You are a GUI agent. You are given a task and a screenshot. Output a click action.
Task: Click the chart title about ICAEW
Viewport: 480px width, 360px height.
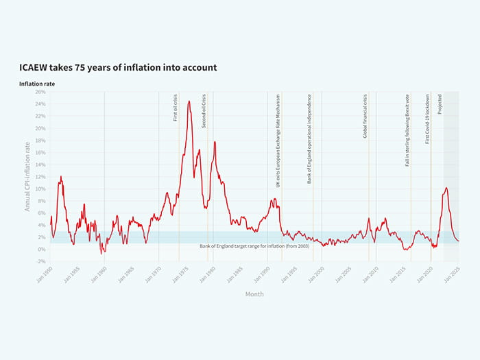[x=118, y=68]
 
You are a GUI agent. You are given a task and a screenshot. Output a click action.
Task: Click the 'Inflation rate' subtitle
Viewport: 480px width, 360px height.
[x=37, y=84]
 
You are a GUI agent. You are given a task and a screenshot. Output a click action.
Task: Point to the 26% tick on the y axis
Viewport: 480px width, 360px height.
[x=40, y=92]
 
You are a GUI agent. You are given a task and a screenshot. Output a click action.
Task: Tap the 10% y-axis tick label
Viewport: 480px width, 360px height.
[x=40, y=189]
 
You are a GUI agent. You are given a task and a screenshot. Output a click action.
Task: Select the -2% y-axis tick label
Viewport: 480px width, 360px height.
[x=40, y=261]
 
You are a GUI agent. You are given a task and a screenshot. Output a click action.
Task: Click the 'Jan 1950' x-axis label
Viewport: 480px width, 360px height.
[x=45, y=274]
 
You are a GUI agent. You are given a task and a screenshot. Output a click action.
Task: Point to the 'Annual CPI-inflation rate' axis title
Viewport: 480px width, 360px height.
[x=28, y=176]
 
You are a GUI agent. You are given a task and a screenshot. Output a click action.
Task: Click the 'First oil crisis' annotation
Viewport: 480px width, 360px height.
[x=176, y=108]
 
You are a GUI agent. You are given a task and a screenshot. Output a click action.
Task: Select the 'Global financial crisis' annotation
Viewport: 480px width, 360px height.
[x=365, y=116]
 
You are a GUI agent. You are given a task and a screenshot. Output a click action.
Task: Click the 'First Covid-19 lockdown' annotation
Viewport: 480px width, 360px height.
[x=427, y=119]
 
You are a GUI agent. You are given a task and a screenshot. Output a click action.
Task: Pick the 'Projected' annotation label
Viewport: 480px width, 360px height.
[x=440, y=104]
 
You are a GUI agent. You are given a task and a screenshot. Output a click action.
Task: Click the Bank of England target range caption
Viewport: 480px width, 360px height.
[x=249, y=245]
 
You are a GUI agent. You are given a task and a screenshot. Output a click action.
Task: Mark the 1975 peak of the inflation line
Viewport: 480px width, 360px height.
[x=189, y=101]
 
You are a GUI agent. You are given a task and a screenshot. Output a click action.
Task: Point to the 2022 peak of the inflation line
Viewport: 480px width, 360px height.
[x=446, y=188]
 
